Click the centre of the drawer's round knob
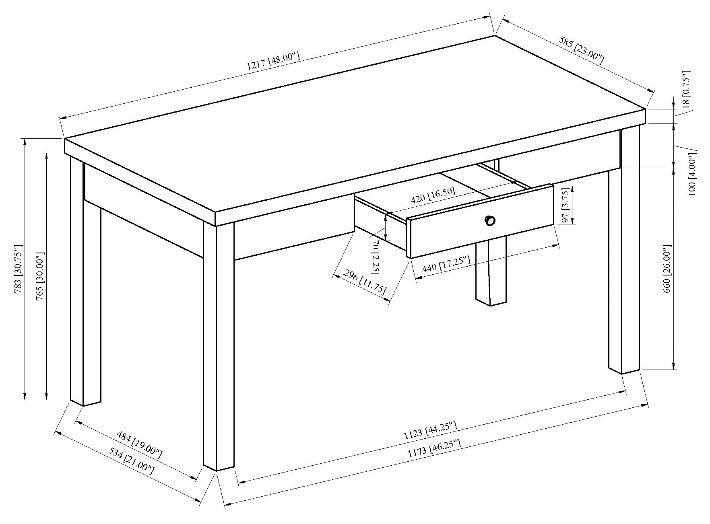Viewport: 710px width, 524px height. coord(490,220)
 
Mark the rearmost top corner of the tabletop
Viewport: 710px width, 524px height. coord(494,36)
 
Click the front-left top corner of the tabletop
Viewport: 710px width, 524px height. coord(65,139)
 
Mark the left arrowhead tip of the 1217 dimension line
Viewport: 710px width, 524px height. coord(60,118)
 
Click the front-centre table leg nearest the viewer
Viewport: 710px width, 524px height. coord(219,346)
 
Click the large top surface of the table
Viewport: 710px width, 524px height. coord(354,121)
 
